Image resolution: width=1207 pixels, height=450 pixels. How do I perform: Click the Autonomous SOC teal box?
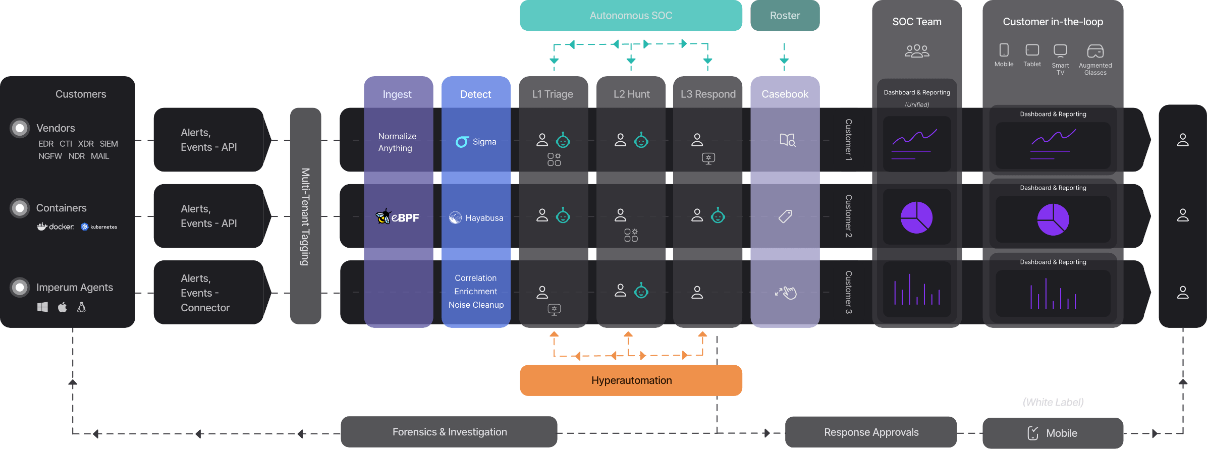[631, 16]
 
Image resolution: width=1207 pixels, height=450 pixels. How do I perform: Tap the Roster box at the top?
[785, 16]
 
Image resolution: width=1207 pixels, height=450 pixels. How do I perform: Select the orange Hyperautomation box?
[631, 380]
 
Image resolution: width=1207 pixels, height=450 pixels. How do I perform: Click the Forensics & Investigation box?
[449, 432]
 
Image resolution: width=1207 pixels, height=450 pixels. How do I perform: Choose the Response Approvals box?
[871, 432]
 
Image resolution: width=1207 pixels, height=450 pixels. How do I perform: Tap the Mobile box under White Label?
[1053, 433]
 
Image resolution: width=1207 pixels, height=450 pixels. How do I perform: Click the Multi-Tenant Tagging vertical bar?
[305, 216]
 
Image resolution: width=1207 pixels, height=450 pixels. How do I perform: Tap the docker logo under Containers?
[56, 227]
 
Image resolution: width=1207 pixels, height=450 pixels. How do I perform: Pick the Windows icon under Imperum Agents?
[42, 307]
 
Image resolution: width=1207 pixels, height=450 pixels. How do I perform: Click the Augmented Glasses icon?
[1095, 51]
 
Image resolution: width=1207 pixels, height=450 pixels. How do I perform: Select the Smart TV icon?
[1060, 50]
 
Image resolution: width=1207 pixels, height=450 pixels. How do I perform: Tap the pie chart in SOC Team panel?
[916, 217]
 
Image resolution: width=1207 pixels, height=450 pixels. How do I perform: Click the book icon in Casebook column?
[787, 140]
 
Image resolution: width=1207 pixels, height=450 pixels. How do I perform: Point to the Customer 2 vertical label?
[849, 216]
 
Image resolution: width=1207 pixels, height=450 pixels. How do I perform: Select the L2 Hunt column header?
[631, 94]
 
